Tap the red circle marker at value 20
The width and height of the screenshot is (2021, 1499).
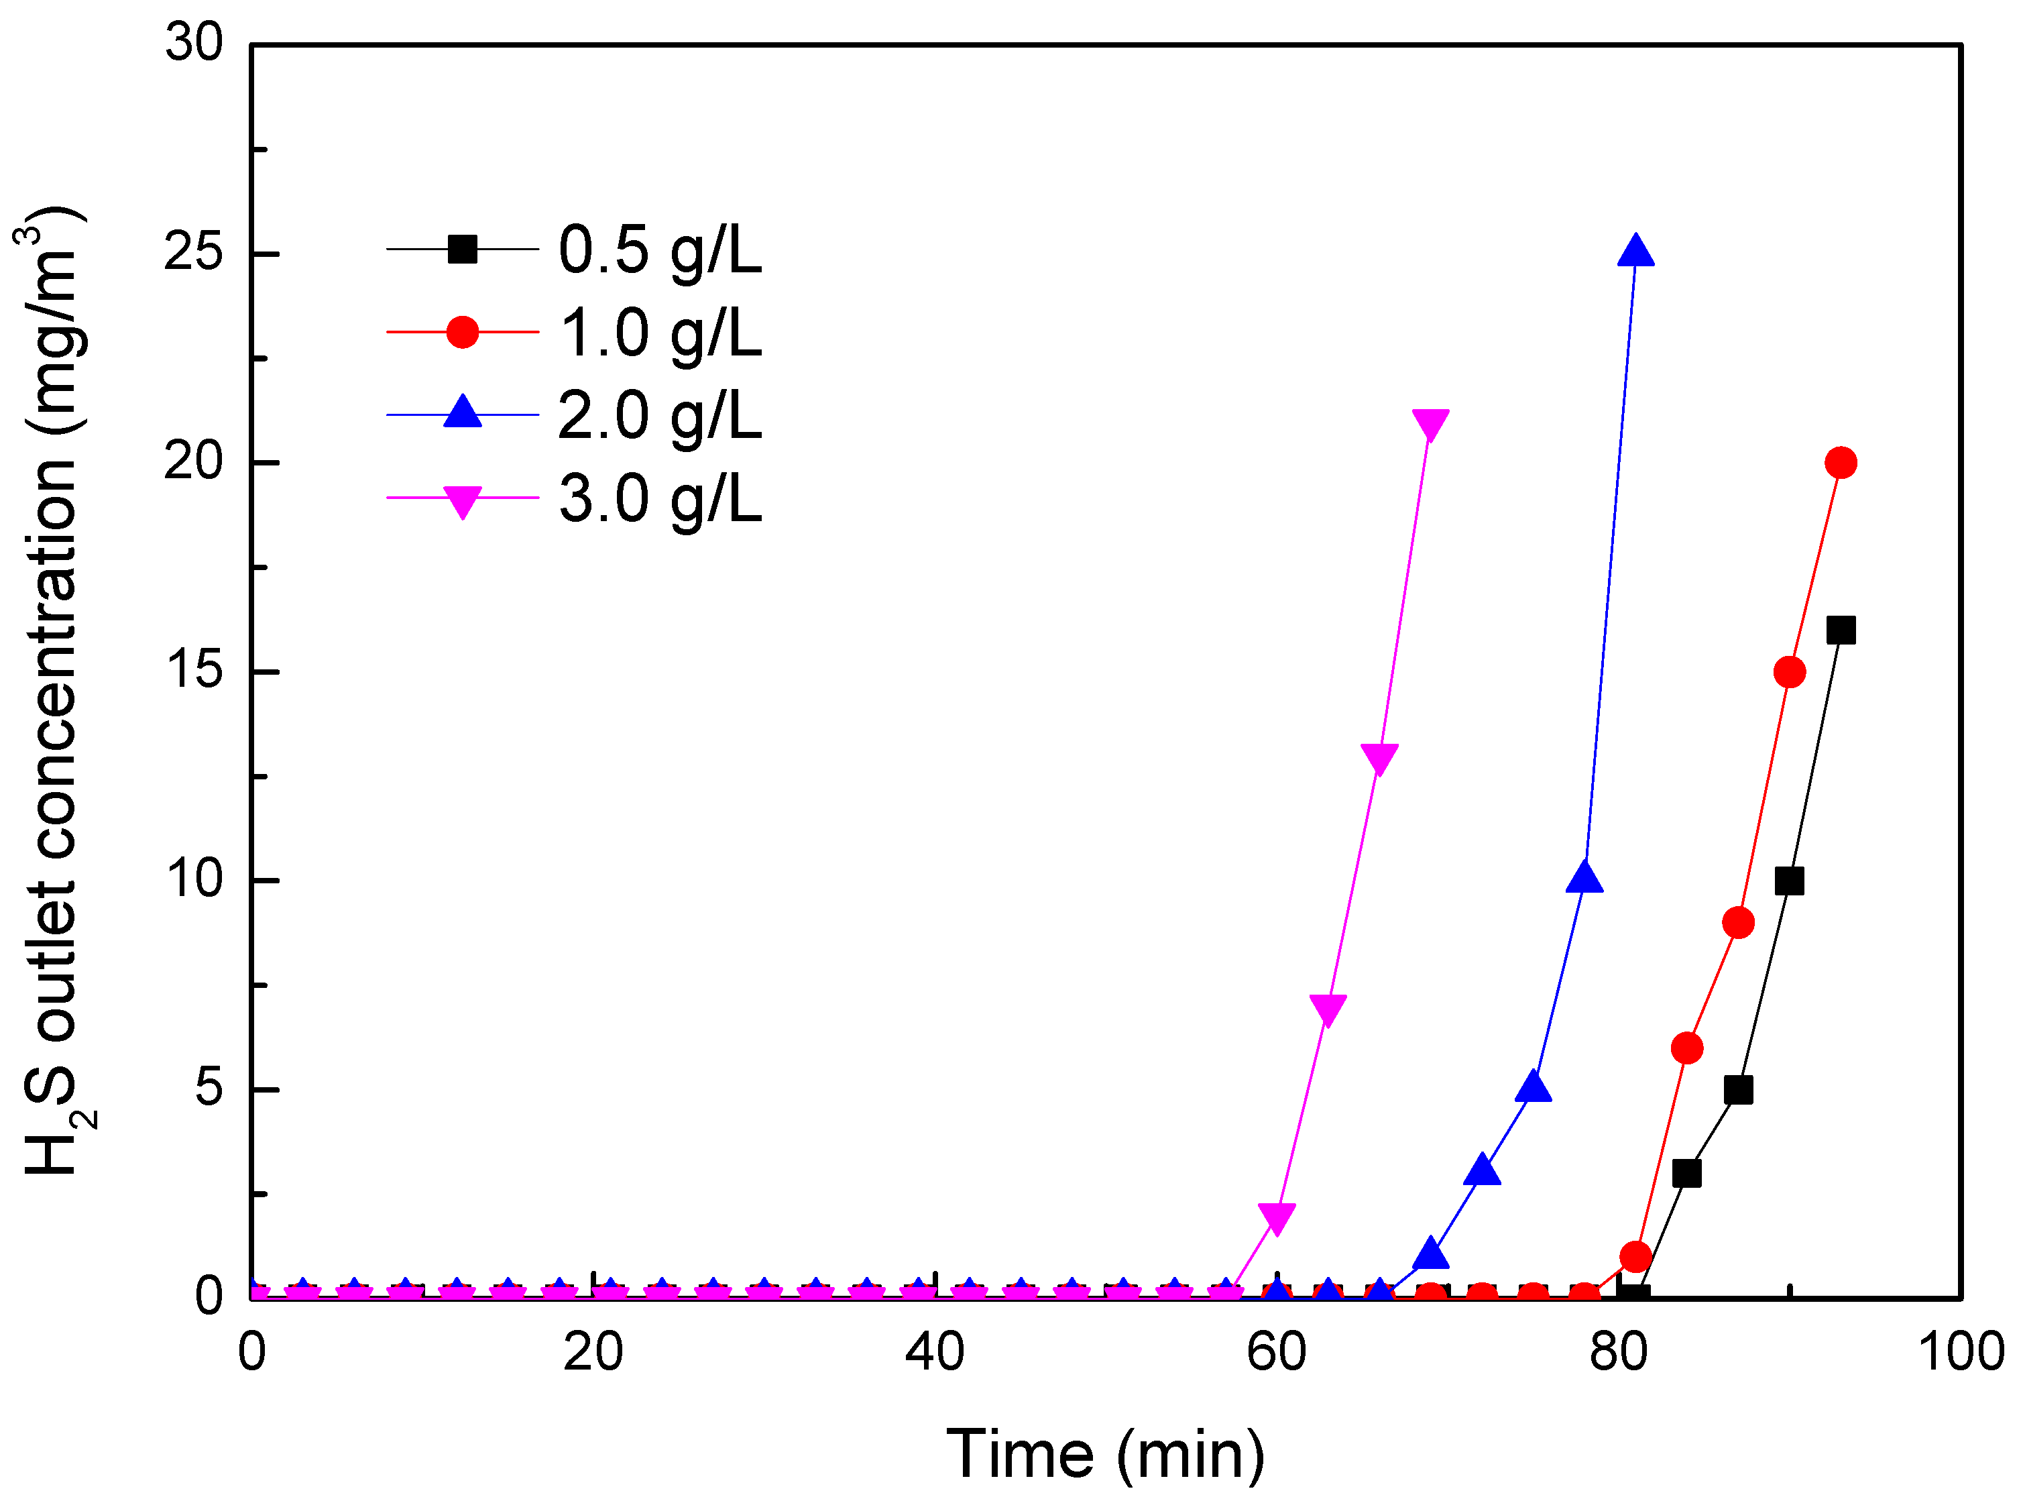click(x=1841, y=463)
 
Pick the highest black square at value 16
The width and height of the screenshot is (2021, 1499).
click(x=1841, y=630)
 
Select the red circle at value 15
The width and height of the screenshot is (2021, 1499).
click(x=1789, y=673)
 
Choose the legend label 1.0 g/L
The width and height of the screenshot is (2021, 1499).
click(x=659, y=333)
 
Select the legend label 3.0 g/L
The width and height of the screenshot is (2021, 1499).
click(x=659, y=499)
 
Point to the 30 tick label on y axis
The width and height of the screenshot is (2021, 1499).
click(x=193, y=43)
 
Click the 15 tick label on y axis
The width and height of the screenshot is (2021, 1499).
click(x=193, y=671)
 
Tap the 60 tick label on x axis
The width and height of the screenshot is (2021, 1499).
click(x=1275, y=1352)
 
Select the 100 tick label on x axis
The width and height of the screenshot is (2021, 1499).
click(x=1959, y=1352)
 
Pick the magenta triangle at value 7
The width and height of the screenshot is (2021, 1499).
click(x=1328, y=1009)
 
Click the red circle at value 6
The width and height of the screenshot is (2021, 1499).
click(x=1686, y=1048)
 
